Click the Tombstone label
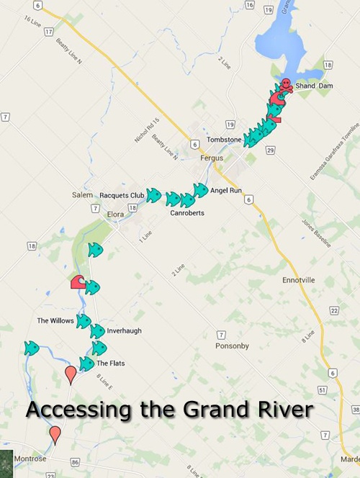coord(223,139)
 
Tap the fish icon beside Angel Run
coord(200,190)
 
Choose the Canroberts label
coord(187,213)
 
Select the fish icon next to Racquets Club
coord(153,195)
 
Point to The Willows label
coord(55,320)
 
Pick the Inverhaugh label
coord(125,330)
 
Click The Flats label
coord(110,363)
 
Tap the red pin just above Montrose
coord(55,433)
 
